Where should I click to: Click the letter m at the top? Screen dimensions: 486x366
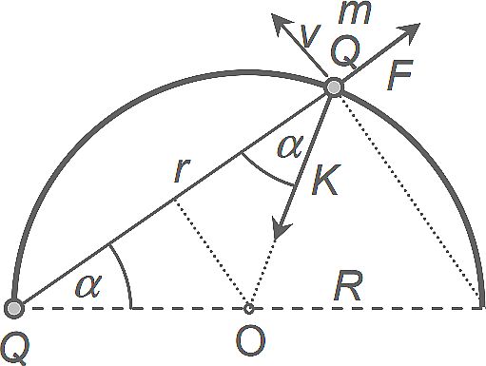click(x=355, y=13)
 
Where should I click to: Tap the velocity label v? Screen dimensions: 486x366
click(x=310, y=35)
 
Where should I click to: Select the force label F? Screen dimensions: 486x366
click(x=399, y=75)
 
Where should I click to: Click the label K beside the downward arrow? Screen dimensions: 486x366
click(x=324, y=180)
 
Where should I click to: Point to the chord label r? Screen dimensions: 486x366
click(x=182, y=170)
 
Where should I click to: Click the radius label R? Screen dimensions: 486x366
click(x=348, y=286)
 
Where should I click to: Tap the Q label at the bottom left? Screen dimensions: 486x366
click(x=14, y=350)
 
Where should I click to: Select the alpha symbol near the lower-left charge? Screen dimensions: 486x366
click(x=88, y=286)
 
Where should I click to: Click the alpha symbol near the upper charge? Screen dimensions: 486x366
click(x=290, y=146)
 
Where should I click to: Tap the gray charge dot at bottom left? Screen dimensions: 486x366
click(x=14, y=308)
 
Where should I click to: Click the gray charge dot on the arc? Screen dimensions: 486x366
click(x=334, y=87)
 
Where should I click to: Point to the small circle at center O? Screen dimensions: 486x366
click(x=249, y=308)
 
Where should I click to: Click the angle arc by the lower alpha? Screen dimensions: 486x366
click(x=125, y=273)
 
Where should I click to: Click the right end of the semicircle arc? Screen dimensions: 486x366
click(x=482, y=306)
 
